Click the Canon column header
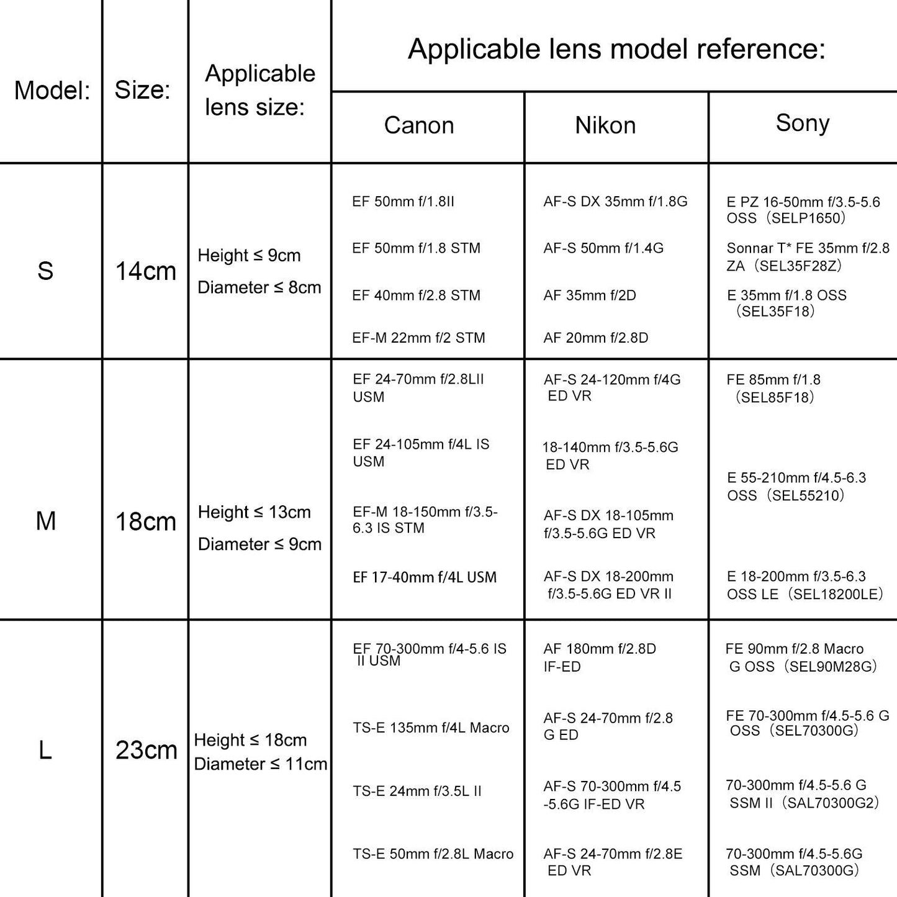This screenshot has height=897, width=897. click(419, 125)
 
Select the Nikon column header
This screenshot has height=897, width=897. click(605, 125)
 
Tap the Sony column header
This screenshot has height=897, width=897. click(802, 123)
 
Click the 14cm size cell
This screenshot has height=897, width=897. click(146, 271)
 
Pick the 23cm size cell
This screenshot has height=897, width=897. click(146, 751)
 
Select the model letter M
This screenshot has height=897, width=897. click(46, 521)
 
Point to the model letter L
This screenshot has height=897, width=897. click(45, 751)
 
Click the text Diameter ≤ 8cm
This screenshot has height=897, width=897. click(259, 287)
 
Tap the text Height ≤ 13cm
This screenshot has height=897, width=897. click(254, 512)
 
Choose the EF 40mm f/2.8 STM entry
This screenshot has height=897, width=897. click(416, 295)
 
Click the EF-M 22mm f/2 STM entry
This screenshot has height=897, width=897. click(418, 338)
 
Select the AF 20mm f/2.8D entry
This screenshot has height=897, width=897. click(595, 338)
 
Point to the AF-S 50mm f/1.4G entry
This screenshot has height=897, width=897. click(603, 248)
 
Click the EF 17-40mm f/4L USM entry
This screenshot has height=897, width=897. click(425, 577)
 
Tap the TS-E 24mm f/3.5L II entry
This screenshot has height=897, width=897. click(417, 791)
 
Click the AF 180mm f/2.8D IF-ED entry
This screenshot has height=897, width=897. click(599, 657)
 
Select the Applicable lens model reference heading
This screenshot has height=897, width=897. click(616, 48)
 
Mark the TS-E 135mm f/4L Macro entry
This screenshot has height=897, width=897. click(431, 728)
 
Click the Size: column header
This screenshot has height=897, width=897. click(142, 90)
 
